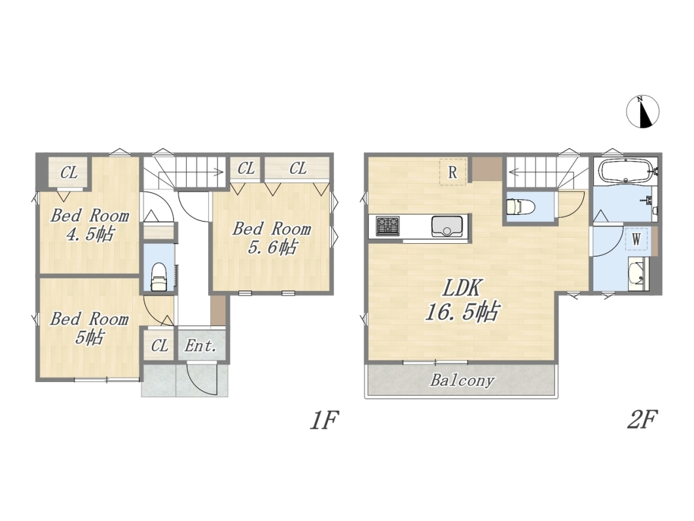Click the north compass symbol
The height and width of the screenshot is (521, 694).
tap(643, 111)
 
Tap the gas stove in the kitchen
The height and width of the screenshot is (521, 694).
tap(388, 226)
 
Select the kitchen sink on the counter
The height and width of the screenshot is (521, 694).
tap(447, 226)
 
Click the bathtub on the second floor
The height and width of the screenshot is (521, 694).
tap(625, 172)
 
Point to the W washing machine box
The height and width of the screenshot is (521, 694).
tap(636, 240)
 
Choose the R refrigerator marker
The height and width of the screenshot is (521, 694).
tap(452, 172)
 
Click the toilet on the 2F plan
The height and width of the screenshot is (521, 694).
tap(520, 206)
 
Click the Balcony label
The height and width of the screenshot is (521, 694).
tap(462, 381)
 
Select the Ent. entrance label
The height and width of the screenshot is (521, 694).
tap(201, 345)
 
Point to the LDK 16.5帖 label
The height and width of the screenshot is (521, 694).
tap(462, 300)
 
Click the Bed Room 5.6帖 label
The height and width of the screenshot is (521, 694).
tap(272, 238)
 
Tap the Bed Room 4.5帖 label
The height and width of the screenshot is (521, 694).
tap(90, 225)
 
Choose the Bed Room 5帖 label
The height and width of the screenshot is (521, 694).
tap(89, 328)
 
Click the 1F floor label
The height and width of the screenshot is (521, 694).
tap(324, 420)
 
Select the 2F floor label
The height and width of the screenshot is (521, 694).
tap(642, 419)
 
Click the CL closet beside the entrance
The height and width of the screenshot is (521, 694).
tap(160, 345)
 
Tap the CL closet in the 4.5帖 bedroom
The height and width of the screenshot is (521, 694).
tap(69, 172)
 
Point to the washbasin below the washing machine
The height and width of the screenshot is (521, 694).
tap(638, 274)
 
